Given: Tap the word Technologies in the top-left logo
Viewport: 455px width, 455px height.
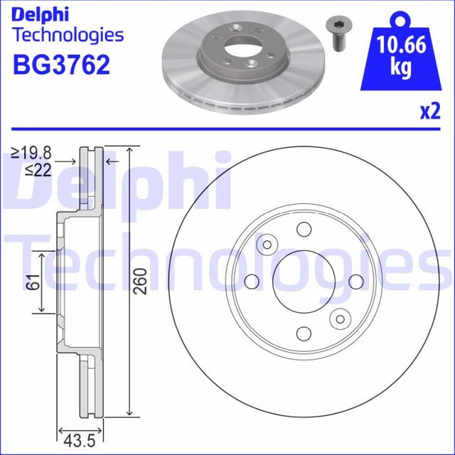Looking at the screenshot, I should click(68, 34).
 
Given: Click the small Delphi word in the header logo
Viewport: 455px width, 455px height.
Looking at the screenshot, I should click(38, 13).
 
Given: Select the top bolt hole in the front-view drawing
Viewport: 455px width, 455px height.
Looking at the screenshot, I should click(304, 229).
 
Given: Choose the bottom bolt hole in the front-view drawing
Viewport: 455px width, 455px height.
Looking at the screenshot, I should click(304, 333).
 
